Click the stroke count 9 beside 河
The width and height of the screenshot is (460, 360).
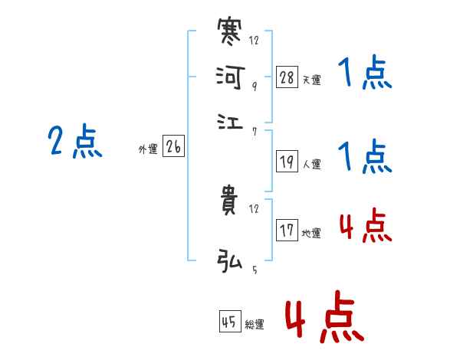click(254, 87)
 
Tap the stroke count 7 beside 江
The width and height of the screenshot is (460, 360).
click(254, 132)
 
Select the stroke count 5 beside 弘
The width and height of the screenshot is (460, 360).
click(254, 269)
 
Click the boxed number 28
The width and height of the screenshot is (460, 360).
click(287, 77)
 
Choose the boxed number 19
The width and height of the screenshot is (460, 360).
click(287, 161)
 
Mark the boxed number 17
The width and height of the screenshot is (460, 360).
click(287, 231)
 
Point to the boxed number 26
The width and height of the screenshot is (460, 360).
click(173, 147)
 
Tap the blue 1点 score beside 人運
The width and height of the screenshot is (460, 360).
click(364, 158)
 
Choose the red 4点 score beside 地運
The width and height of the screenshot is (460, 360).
click(364, 227)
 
